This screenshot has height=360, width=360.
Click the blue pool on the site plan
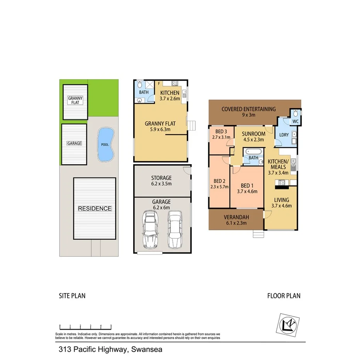click(x=105, y=144)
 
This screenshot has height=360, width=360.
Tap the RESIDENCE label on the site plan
click(x=95, y=209)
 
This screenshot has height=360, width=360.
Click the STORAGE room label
click(x=161, y=178)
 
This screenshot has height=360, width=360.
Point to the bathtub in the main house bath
click(x=253, y=151)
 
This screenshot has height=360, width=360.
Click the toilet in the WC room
click(x=295, y=114)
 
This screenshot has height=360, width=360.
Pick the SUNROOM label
click(x=253, y=134)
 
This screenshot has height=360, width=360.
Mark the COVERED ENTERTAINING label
click(x=248, y=109)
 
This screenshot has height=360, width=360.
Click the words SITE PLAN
click(x=72, y=296)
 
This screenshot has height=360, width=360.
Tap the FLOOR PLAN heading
click(x=284, y=296)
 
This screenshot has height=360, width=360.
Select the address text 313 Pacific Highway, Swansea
click(x=110, y=350)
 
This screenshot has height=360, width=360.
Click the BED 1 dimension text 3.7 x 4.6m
click(x=247, y=191)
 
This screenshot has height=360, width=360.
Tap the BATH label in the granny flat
click(x=144, y=93)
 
